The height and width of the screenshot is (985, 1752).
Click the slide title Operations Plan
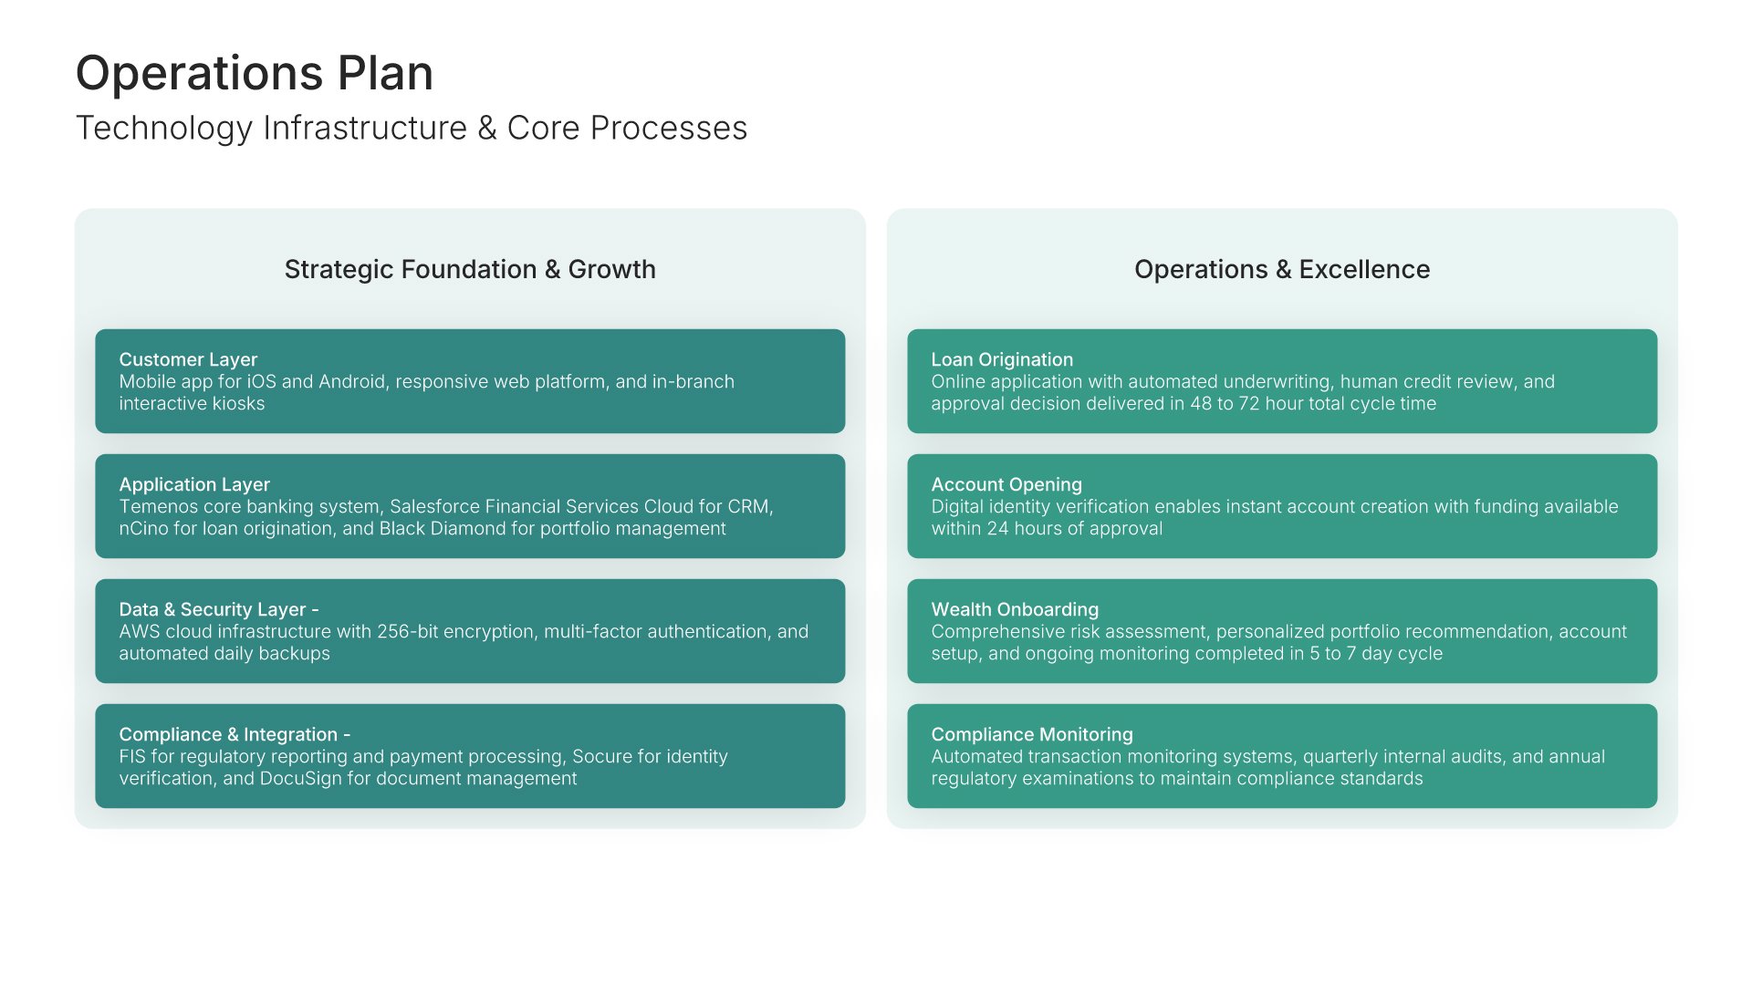coord(254,73)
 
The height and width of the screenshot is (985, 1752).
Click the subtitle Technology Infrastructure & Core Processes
coord(411,129)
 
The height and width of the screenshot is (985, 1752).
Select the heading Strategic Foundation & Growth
coord(469,269)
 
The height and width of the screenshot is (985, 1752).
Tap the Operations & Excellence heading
coord(1281,269)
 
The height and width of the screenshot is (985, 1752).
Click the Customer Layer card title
coord(188,359)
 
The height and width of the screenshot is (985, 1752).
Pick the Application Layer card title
coord(194,484)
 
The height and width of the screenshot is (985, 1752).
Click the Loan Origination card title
coord(1002,359)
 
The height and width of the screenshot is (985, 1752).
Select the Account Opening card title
coord(1006,484)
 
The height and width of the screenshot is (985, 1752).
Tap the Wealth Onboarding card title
coord(1015,609)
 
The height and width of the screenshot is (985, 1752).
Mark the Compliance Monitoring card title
coord(1032,734)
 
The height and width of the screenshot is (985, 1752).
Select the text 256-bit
coord(407,632)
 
